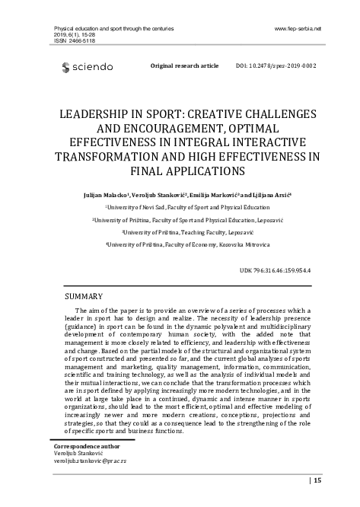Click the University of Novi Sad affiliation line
click(181, 206)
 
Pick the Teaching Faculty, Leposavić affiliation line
click(181, 232)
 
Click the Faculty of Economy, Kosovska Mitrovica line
click(181, 245)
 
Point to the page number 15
click(317, 480)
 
